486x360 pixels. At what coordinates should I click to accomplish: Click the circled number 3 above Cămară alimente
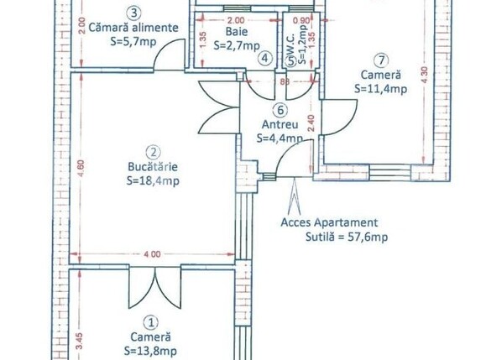pyautogui.click(x=133, y=13)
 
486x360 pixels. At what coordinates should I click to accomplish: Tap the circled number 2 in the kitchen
pyautogui.click(x=153, y=152)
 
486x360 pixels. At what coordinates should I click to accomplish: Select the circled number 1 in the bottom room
pyautogui.click(x=151, y=321)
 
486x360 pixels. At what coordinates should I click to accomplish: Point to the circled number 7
pyautogui.click(x=382, y=60)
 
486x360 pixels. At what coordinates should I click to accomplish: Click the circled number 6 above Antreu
pyautogui.click(x=280, y=109)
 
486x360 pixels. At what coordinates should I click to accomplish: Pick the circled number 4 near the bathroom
pyautogui.click(x=264, y=58)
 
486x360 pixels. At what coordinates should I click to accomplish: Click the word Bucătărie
pyautogui.click(x=153, y=166)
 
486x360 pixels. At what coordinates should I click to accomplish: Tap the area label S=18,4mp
pyautogui.click(x=153, y=180)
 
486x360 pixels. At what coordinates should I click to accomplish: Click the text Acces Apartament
pyautogui.click(x=330, y=223)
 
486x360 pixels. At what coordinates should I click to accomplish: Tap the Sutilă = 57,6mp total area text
pyautogui.click(x=333, y=237)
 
